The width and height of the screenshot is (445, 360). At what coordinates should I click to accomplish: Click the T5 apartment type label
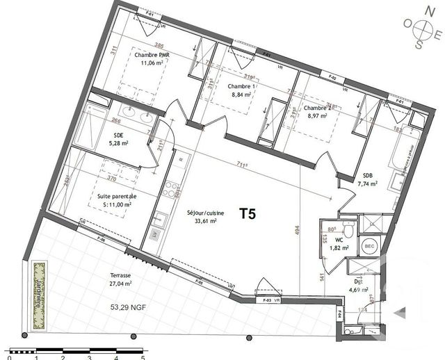tap(248, 213)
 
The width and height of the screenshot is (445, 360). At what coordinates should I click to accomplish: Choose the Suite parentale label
tap(117, 197)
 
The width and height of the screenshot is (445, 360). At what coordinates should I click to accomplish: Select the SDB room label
tap(366, 176)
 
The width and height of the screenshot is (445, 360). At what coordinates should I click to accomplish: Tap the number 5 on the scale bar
tap(142, 355)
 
